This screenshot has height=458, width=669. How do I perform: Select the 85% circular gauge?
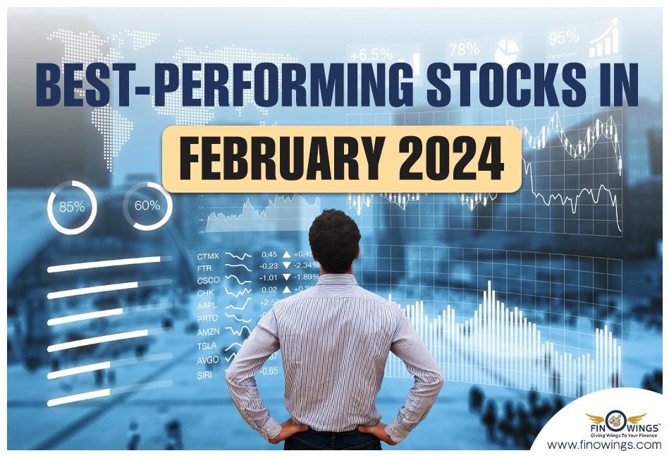72,207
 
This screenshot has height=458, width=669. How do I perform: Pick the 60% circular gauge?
147,206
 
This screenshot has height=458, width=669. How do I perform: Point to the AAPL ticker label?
208,305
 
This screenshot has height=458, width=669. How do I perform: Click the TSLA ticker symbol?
208,346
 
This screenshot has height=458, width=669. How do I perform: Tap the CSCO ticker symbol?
209,280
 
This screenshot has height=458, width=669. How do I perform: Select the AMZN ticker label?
209,332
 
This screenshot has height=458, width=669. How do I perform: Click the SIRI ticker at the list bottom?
204,375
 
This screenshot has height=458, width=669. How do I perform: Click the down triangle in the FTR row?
286,266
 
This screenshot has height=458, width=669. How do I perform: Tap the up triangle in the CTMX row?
286,254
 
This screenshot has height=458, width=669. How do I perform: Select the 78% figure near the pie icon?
465,50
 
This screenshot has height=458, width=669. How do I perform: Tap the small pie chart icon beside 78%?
508,51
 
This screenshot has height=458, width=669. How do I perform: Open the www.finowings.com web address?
604,445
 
